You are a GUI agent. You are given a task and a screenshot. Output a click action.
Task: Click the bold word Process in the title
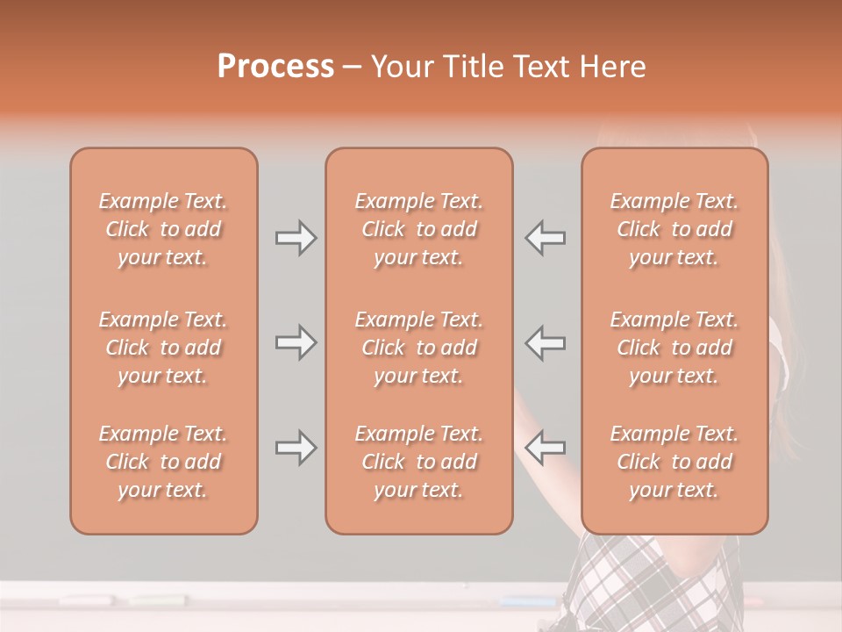coord(275,67)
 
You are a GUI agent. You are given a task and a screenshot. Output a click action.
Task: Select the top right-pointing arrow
coord(296,238)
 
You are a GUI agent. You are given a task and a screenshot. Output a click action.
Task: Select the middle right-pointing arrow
coord(296,342)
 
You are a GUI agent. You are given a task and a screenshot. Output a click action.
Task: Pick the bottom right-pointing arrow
coord(296,448)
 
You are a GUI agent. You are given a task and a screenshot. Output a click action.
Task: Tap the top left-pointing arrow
coord(545,238)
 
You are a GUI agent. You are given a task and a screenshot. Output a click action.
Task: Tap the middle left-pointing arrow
coord(545,342)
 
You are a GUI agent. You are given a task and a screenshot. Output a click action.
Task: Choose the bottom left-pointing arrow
coord(545,448)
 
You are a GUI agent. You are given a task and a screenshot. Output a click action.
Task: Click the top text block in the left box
coord(163,229)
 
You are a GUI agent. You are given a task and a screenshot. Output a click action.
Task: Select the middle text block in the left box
coord(163,348)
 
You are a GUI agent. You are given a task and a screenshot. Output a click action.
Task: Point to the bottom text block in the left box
coord(163,462)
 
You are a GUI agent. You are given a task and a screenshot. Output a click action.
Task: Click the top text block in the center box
coord(419,229)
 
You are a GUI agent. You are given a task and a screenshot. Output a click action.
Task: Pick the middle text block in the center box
coord(419,348)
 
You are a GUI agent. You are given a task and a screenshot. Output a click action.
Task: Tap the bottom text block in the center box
coord(419,462)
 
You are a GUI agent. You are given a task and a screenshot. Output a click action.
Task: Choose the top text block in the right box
coord(674,229)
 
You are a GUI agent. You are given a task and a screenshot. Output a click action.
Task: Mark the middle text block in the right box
coord(674,348)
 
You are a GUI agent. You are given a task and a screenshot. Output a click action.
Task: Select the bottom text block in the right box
coord(674,462)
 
